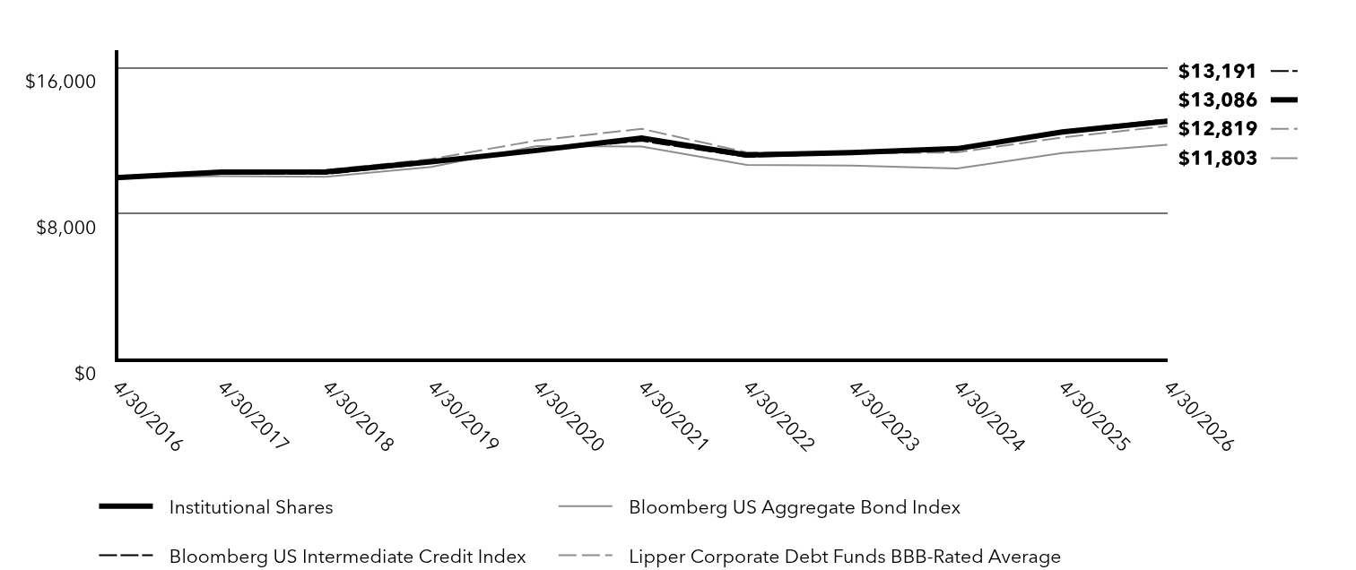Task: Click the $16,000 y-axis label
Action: (x=61, y=81)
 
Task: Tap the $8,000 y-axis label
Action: (x=66, y=228)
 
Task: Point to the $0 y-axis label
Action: (x=84, y=374)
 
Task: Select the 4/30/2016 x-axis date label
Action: (x=148, y=417)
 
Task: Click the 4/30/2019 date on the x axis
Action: (x=463, y=417)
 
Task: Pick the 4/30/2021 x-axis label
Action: (x=674, y=417)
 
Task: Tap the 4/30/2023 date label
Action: (x=884, y=417)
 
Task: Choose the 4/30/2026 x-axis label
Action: (x=1198, y=417)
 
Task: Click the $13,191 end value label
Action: (x=1217, y=72)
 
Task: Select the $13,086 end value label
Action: (x=1217, y=99)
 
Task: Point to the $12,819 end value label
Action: (x=1217, y=129)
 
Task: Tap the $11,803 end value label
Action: (x=1217, y=159)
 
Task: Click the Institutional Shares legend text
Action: (x=251, y=507)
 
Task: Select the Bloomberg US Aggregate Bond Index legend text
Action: (x=795, y=507)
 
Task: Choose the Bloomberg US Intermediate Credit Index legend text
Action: (x=347, y=557)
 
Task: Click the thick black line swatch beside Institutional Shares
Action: (x=126, y=506)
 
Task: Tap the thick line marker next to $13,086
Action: (x=1284, y=99)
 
